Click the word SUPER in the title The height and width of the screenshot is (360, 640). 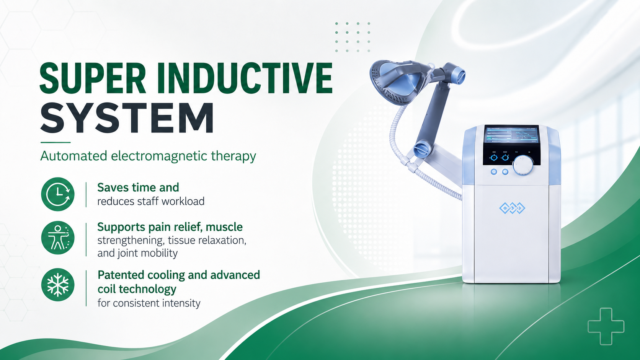(x=93, y=78)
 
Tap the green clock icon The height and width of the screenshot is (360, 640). (x=58, y=194)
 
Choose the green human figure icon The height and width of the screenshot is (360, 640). (x=58, y=238)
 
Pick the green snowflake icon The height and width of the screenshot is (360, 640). (x=58, y=285)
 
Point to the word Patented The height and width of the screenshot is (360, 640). (x=121, y=275)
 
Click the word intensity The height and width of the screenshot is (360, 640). (x=181, y=303)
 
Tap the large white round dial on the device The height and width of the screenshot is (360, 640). (x=523, y=165)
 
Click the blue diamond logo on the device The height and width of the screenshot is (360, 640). (x=512, y=208)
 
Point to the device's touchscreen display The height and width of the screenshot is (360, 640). (x=511, y=135)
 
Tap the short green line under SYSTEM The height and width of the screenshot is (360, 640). (x=56, y=142)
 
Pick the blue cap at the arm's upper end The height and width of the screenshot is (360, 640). (x=457, y=75)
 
